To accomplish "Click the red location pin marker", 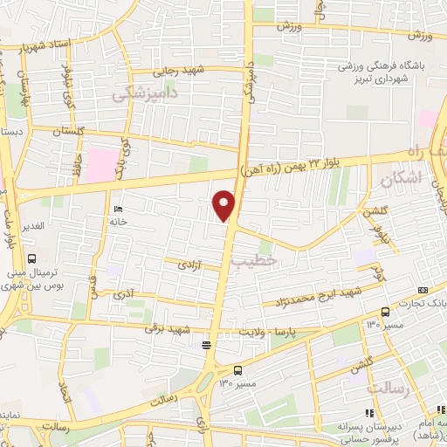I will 225,204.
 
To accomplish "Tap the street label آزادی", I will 190,263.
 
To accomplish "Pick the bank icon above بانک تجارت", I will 423,289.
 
